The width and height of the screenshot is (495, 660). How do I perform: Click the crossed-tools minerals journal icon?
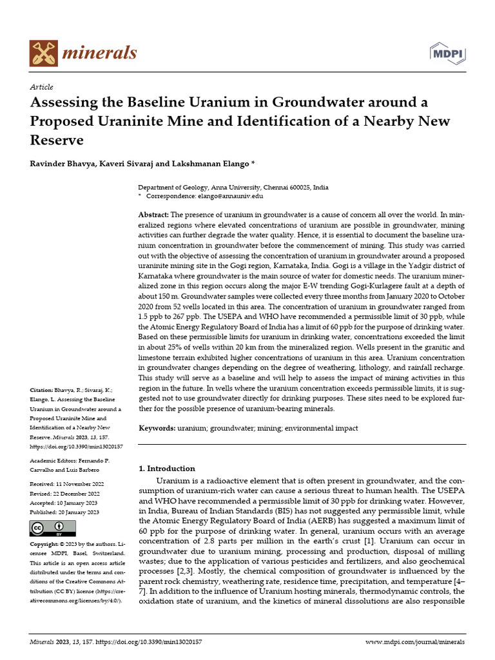pos(43,52)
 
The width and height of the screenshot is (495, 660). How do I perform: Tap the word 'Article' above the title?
pos(41,87)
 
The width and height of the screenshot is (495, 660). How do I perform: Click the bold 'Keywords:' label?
pos(157,428)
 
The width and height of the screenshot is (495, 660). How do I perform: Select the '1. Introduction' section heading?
pos(167,469)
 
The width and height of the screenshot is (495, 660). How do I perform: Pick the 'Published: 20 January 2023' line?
pos(64,512)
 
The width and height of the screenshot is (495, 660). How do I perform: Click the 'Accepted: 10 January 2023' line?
pos(64,502)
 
